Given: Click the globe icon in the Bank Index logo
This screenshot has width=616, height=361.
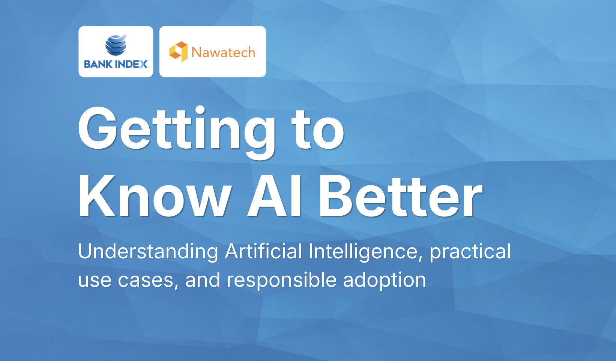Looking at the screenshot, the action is tap(116, 45).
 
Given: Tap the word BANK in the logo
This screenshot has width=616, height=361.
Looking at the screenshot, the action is tap(98, 64).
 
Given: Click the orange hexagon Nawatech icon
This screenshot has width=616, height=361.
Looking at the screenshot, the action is tap(178, 52).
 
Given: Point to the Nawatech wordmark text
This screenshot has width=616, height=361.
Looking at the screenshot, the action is tap(223, 52).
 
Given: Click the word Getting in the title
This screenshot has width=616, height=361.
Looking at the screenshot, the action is tap(176, 132).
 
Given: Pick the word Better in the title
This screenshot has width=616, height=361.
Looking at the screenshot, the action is tap(401, 196).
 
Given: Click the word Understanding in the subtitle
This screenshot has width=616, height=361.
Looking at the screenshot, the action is tap(148, 252).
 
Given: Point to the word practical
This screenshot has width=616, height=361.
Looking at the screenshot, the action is tap(470, 252).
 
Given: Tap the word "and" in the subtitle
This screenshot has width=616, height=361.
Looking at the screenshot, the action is tap(203, 280).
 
